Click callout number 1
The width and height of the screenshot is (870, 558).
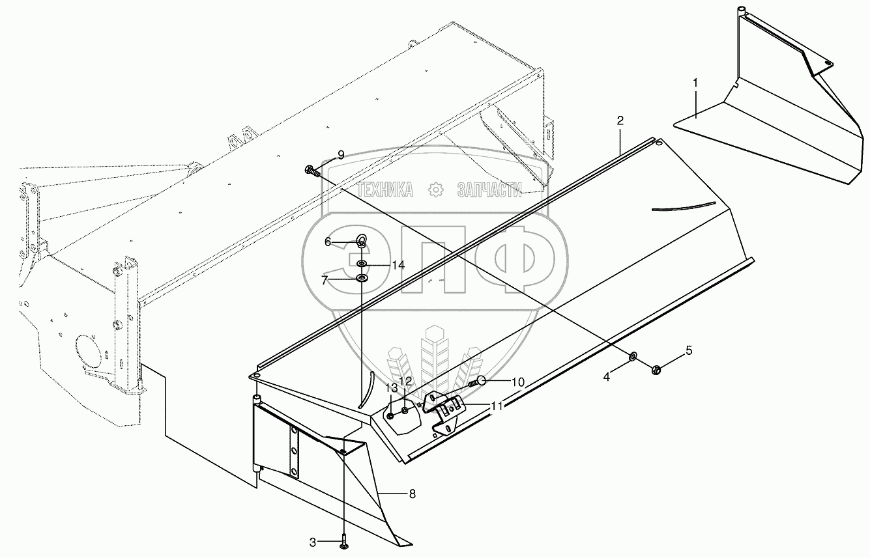[x=695, y=83]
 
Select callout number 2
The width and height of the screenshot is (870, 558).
[x=620, y=120]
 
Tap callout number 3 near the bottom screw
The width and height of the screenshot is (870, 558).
[x=312, y=541]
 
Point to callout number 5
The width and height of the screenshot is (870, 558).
[x=688, y=350]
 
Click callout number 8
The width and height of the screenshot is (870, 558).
[x=412, y=494]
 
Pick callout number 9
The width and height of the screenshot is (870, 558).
[x=340, y=154]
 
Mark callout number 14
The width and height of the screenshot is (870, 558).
[x=398, y=265]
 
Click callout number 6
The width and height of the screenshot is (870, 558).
[x=328, y=242]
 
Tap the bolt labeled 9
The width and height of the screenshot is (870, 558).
[x=312, y=171]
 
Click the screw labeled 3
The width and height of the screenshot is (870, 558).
[x=343, y=540]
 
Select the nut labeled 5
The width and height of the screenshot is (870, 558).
[x=656, y=370]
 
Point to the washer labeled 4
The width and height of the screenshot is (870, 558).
[x=632, y=357]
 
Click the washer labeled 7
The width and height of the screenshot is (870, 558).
[x=362, y=279]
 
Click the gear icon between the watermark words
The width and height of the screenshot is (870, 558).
[x=435, y=189]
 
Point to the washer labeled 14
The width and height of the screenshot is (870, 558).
[x=361, y=264]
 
